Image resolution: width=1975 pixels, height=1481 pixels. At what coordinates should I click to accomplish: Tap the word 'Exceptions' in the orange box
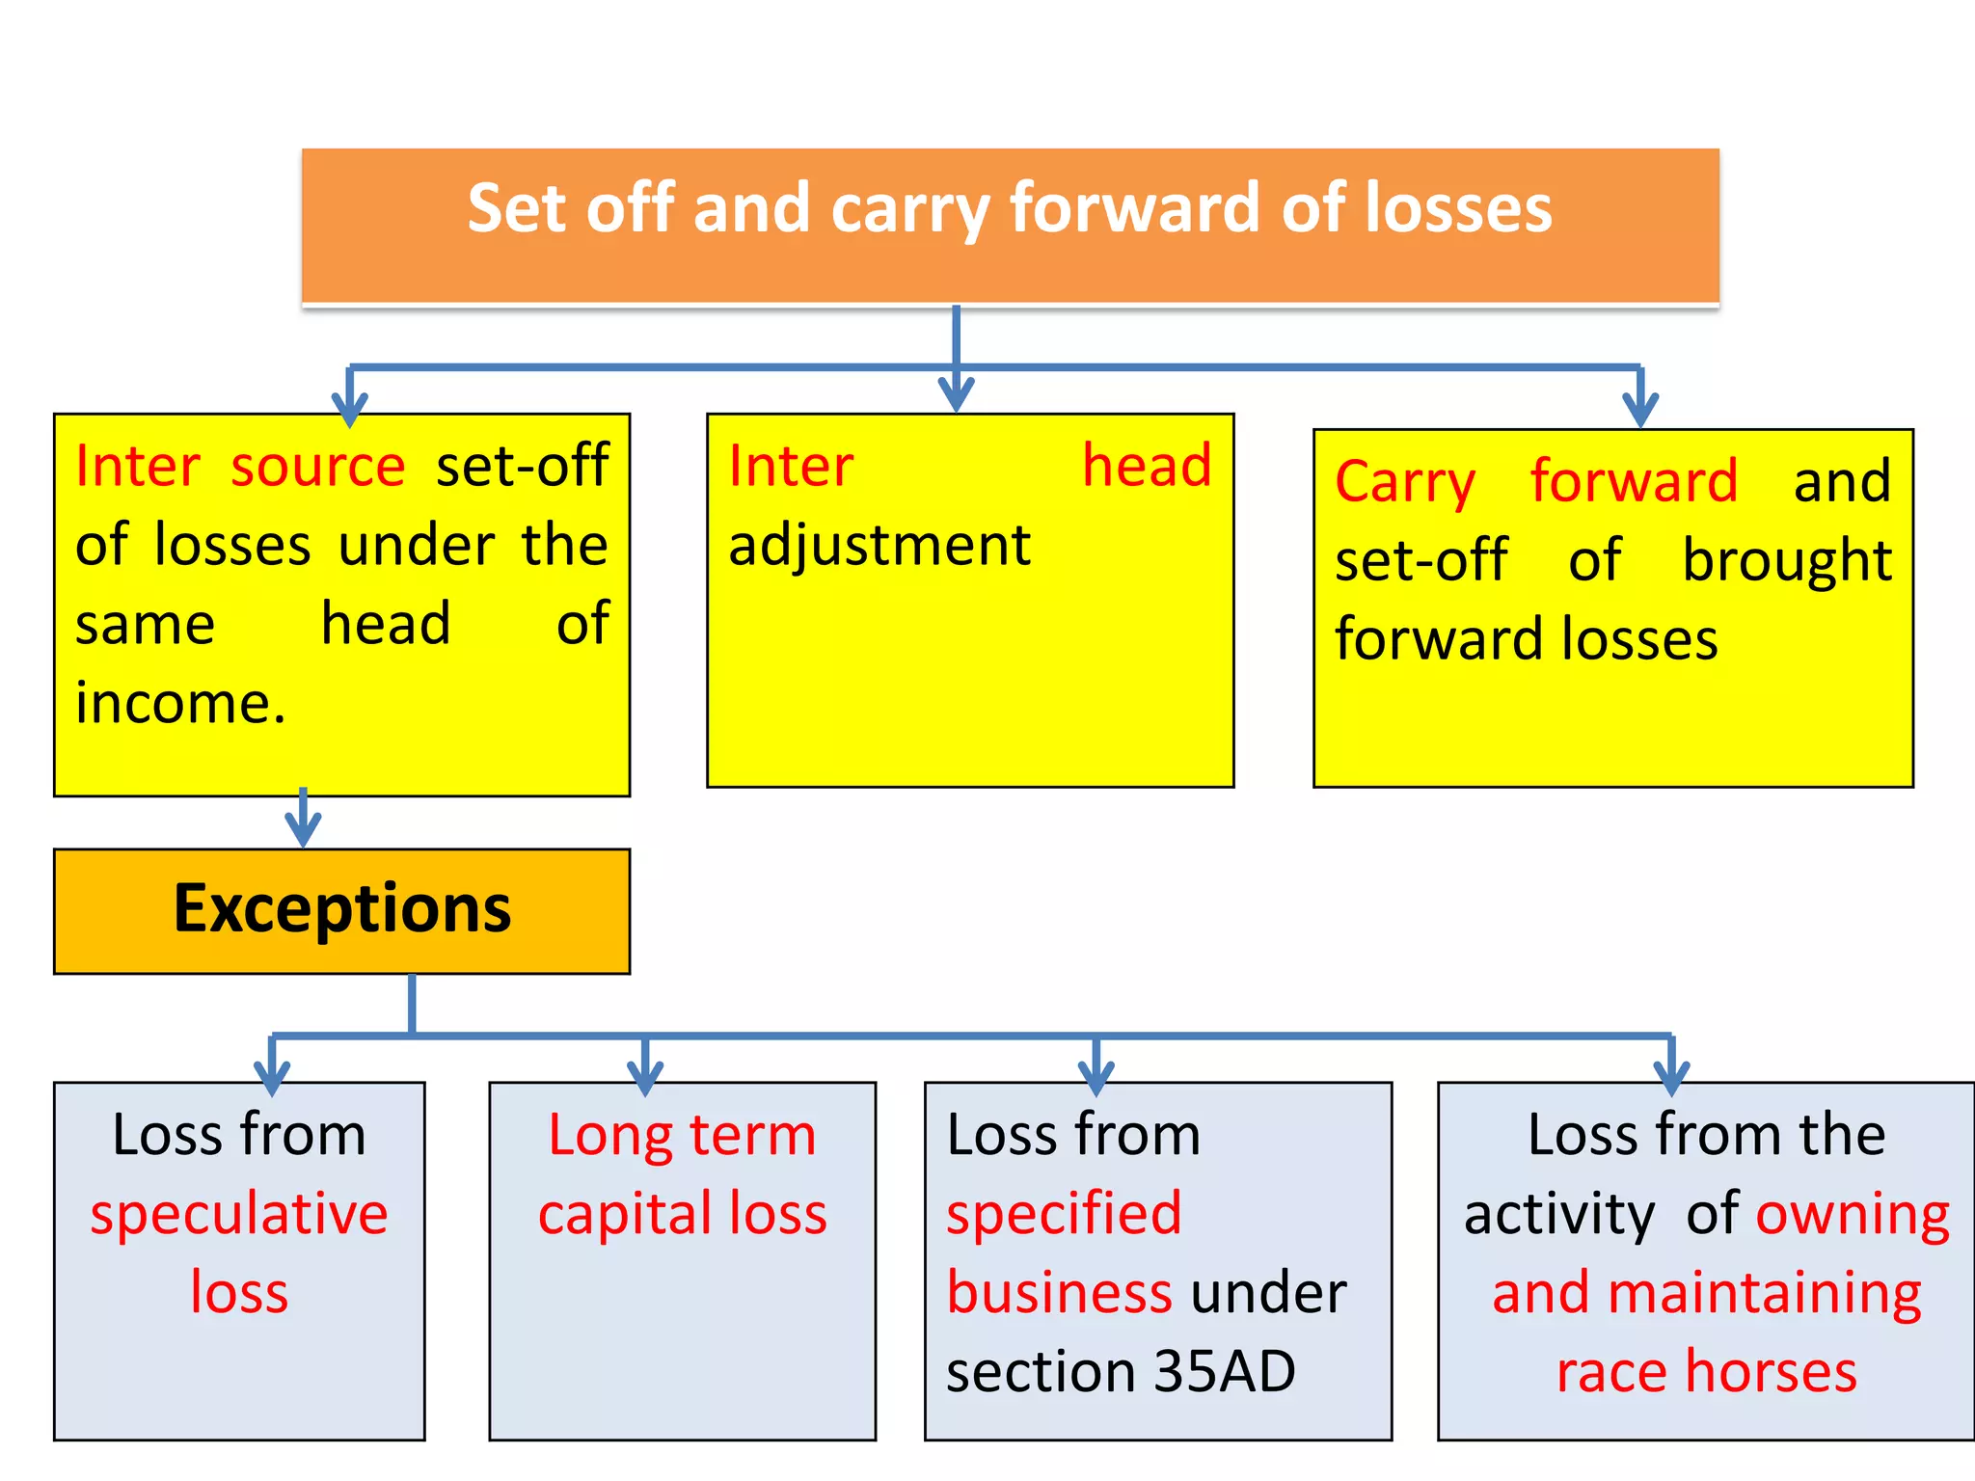coord(342,909)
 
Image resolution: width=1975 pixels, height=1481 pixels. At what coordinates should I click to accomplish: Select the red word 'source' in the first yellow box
coord(318,467)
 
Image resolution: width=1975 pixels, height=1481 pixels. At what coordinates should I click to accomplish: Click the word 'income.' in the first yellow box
coord(181,703)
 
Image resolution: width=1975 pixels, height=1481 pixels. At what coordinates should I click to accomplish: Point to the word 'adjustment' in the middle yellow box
coord(879,546)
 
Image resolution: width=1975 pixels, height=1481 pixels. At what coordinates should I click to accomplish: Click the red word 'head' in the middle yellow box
coord(1146,466)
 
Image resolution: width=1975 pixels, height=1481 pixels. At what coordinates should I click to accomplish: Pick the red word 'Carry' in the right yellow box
coord(1405,482)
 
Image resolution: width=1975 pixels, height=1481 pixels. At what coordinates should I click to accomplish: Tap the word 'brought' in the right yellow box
coord(1786,561)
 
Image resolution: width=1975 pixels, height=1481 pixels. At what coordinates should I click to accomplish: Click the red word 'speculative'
coord(239,1214)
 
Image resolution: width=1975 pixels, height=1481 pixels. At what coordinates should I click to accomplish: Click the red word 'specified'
coord(1064,1214)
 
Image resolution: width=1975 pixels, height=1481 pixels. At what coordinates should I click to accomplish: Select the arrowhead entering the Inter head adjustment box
coord(956,395)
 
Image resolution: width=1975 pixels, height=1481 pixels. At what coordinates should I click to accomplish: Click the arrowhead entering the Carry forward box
coord(1639,410)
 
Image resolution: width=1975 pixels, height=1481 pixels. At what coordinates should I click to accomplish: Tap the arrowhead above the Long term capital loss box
coord(644,1077)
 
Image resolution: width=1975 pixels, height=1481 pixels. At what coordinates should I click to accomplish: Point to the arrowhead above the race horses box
coord(1670,1077)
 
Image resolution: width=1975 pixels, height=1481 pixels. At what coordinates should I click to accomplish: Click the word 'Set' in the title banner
coord(515,208)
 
